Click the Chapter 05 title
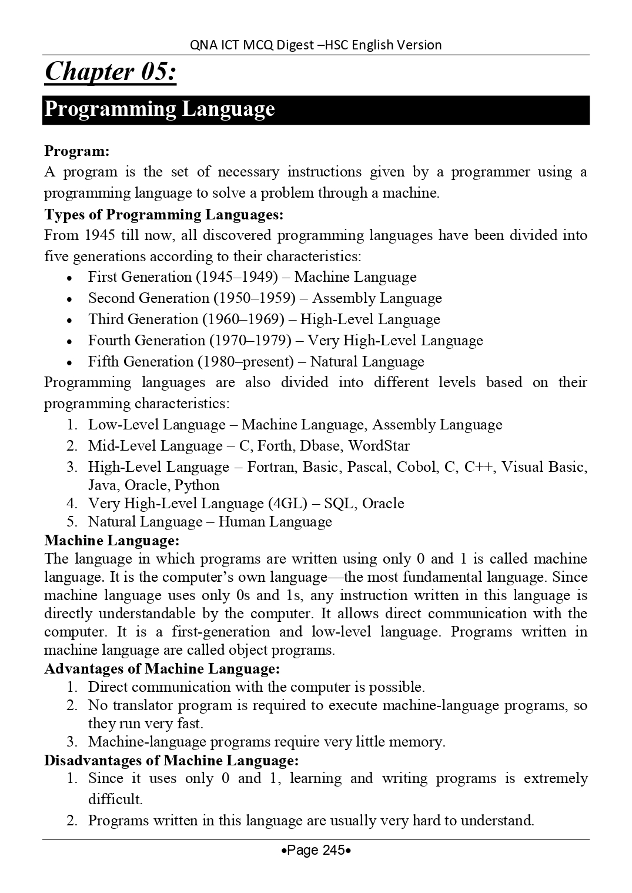pos(110,72)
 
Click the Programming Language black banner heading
pos(159,109)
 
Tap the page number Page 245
pos(316,850)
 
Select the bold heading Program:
pos(77,151)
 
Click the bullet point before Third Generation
pos(69,321)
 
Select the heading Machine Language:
pos(112,540)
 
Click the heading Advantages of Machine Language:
pos(162,669)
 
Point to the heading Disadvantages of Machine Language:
pos(171,761)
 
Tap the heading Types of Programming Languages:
pos(164,215)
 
